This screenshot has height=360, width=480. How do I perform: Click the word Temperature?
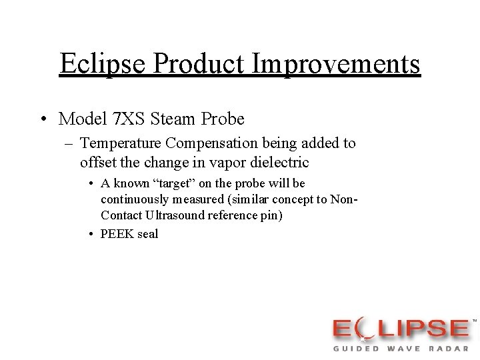[121, 143]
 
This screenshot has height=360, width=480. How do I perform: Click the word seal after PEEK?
[149, 234]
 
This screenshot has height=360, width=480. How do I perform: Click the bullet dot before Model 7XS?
[42, 120]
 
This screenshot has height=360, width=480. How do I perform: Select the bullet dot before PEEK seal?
[91, 234]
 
